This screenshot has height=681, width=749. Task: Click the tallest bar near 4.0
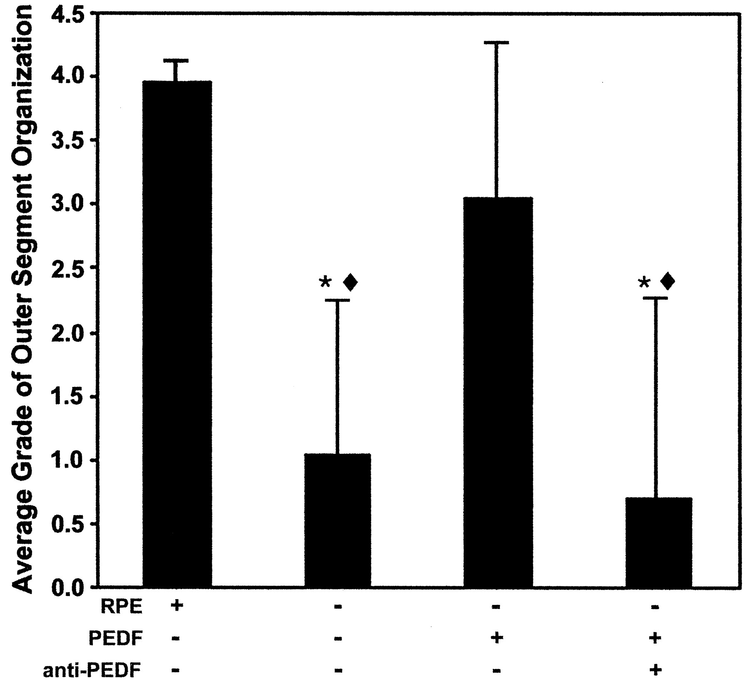point(177,333)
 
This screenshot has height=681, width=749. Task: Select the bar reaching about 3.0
point(498,391)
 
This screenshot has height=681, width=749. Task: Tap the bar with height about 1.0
point(337,520)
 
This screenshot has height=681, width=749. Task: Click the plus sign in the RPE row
point(176,607)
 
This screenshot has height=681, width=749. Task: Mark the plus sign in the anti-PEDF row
point(655,670)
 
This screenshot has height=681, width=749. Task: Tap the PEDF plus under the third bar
point(495,638)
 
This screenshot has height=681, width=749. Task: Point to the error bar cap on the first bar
point(177,61)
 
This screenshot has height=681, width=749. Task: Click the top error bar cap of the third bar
point(496,42)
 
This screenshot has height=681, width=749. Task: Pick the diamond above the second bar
point(350,283)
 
